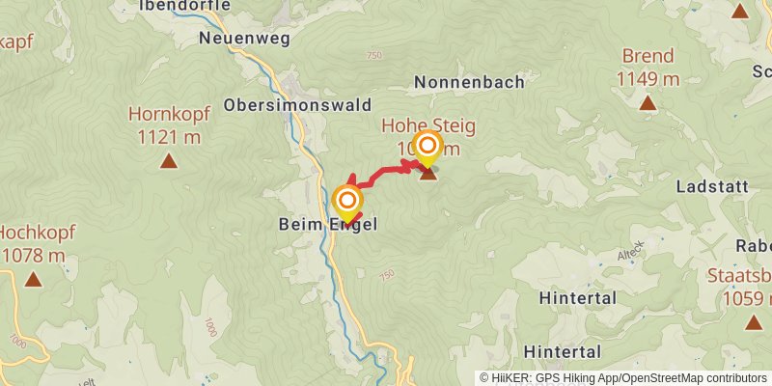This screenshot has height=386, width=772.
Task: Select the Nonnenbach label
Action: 469,83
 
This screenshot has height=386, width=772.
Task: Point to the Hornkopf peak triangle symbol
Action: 169,161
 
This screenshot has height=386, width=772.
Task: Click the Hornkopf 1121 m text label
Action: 169,125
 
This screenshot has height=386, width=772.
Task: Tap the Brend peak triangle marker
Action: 648,102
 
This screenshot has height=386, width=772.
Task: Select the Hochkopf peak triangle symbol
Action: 33,280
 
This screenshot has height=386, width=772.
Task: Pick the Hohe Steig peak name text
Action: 428,126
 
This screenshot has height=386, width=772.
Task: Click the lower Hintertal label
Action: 563,351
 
